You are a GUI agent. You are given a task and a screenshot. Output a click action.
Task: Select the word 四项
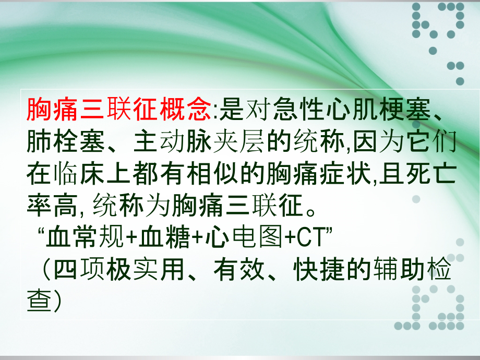click(x=79, y=270)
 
